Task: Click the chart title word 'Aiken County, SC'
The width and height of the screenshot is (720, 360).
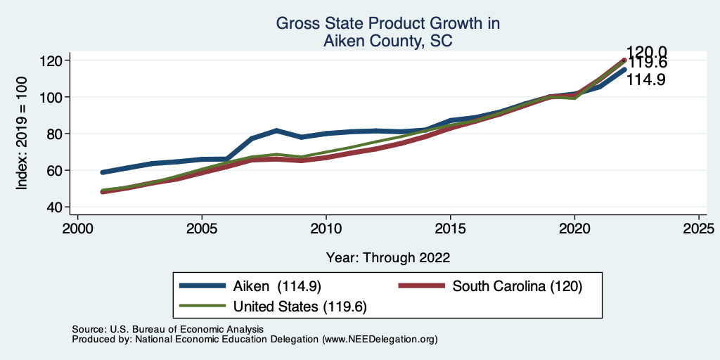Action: point(387,41)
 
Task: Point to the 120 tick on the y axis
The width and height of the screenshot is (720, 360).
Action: point(53,60)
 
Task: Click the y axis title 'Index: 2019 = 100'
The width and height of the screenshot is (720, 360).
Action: point(22,134)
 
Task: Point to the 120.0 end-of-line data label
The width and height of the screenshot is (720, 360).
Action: point(647,51)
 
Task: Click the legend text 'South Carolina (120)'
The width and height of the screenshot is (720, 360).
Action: point(517,286)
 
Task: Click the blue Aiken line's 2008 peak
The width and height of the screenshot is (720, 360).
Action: point(276,131)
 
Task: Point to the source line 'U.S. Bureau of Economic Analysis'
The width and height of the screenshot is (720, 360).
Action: point(186,329)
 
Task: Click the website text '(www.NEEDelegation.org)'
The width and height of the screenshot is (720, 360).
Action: point(380,339)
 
